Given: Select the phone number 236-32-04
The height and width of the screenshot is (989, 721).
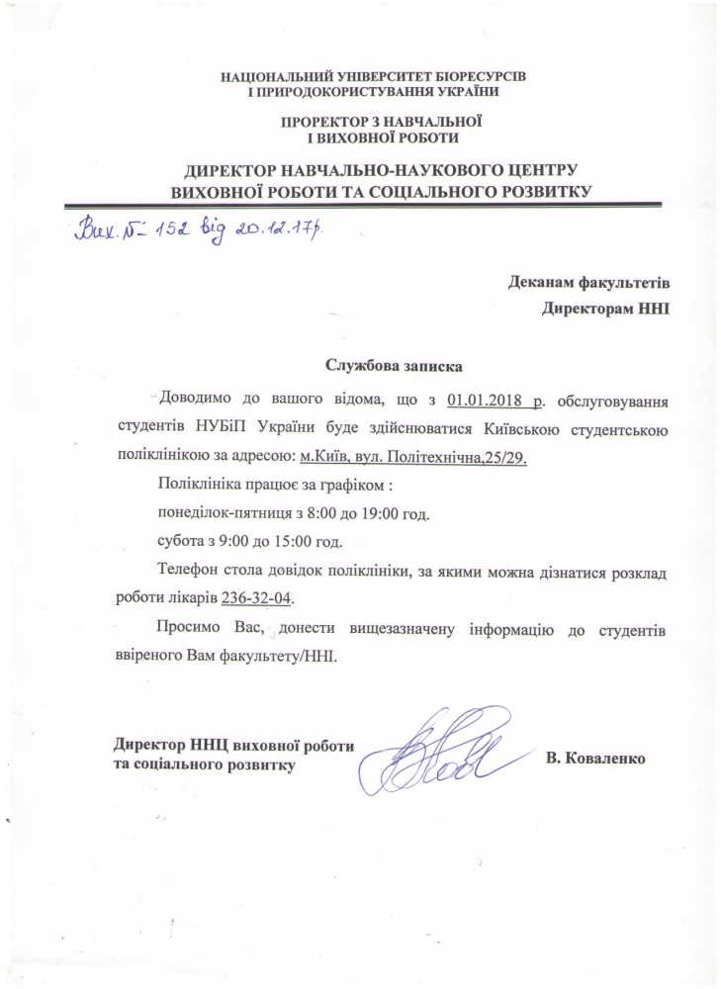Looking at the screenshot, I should [x=261, y=599].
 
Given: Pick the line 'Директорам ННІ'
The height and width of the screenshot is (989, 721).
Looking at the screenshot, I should [x=606, y=308].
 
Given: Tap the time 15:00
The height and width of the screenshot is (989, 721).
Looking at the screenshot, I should [x=315, y=543].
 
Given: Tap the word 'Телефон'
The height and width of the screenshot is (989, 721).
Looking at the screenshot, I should [x=187, y=572].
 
